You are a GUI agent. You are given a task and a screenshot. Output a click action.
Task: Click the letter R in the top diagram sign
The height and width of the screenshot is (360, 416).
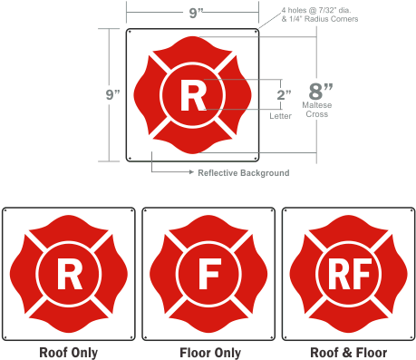pos(191,94)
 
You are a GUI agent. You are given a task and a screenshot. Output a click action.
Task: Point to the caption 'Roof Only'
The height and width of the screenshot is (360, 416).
pos(68,352)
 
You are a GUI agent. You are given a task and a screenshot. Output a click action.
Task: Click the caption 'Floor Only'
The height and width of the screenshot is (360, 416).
pos(208,352)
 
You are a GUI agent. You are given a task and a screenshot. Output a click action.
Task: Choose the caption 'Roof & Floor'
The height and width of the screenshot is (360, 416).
pos(348,352)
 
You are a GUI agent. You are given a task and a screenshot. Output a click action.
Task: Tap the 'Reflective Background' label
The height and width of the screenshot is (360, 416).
pos(243,171)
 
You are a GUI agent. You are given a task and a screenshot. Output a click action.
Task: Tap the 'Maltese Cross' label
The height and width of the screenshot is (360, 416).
pos(318,112)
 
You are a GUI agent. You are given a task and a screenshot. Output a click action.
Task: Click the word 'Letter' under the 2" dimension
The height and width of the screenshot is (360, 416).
pos(282,115)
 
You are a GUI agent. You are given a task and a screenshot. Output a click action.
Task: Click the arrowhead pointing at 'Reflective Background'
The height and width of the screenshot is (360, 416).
pos(190,171)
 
